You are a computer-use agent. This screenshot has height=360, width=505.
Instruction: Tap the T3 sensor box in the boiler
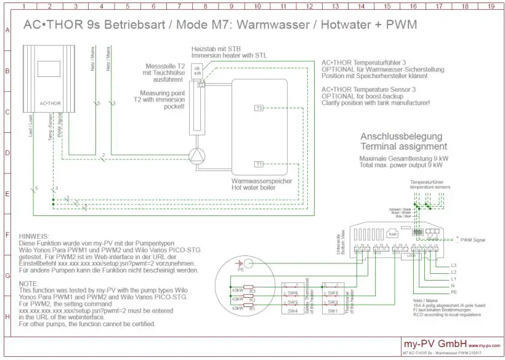point(259,108)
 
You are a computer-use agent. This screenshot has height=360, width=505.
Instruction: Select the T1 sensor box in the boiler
point(259,164)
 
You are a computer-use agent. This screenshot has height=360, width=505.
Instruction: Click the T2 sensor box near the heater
point(200,86)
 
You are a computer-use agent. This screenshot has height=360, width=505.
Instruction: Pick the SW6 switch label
point(293,293)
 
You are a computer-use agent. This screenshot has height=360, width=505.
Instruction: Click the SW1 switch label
point(333,311)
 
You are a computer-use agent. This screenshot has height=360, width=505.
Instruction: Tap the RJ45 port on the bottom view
point(393,233)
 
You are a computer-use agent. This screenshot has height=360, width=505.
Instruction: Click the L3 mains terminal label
point(454,265)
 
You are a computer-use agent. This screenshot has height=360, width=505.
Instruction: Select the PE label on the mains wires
point(454,294)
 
